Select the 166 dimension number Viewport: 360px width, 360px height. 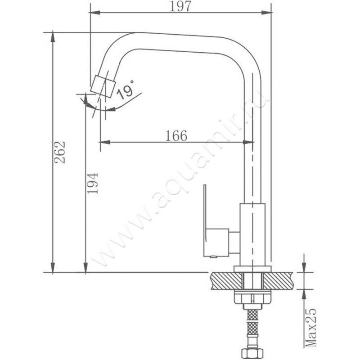[176, 135]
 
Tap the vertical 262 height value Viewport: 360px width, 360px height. [60, 152]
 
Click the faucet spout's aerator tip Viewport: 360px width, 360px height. [103, 86]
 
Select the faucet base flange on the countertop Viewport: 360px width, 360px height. [252, 269]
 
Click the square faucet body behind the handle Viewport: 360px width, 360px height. [252, 234]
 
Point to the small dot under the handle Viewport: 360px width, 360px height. [213, 256]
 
